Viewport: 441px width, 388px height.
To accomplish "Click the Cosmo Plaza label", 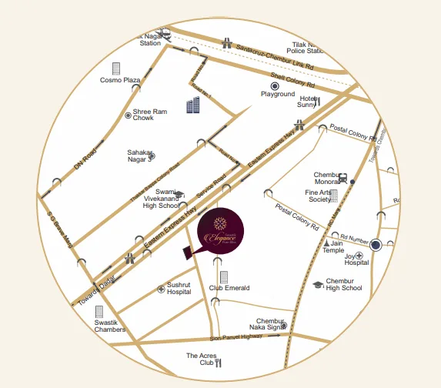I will (x=119, y=80).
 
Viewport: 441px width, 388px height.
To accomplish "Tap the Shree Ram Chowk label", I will (x=150, y=115).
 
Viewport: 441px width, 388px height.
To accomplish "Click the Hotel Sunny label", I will (x=308, y=102).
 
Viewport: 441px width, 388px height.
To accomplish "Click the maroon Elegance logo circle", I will (x=221, y=231).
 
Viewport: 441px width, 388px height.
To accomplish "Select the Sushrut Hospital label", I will (x=179, y=288).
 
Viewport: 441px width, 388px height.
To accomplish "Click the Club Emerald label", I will (x=229, y=289).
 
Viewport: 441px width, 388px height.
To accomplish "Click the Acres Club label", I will (x=202, y=360).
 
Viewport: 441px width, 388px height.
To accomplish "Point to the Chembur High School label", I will (x=343, y=285).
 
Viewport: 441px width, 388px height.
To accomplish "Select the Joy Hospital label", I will (x=356, y=258).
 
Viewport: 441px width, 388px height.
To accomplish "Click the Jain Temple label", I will (x=332, y=246).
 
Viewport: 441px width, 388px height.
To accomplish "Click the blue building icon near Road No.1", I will (x=192, y=106).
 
